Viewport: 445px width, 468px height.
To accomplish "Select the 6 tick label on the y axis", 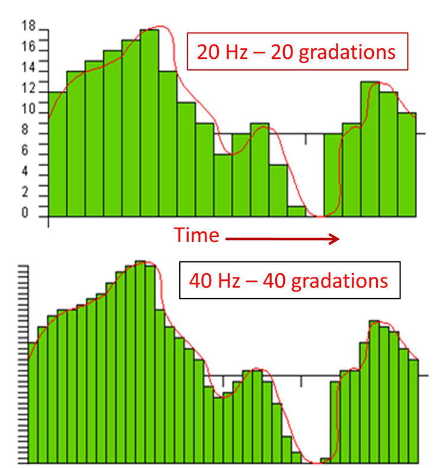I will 24,151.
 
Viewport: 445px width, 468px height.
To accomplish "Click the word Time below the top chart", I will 196,235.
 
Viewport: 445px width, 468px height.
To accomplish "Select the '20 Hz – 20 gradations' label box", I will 298,52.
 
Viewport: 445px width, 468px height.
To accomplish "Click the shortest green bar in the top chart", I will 296,211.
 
